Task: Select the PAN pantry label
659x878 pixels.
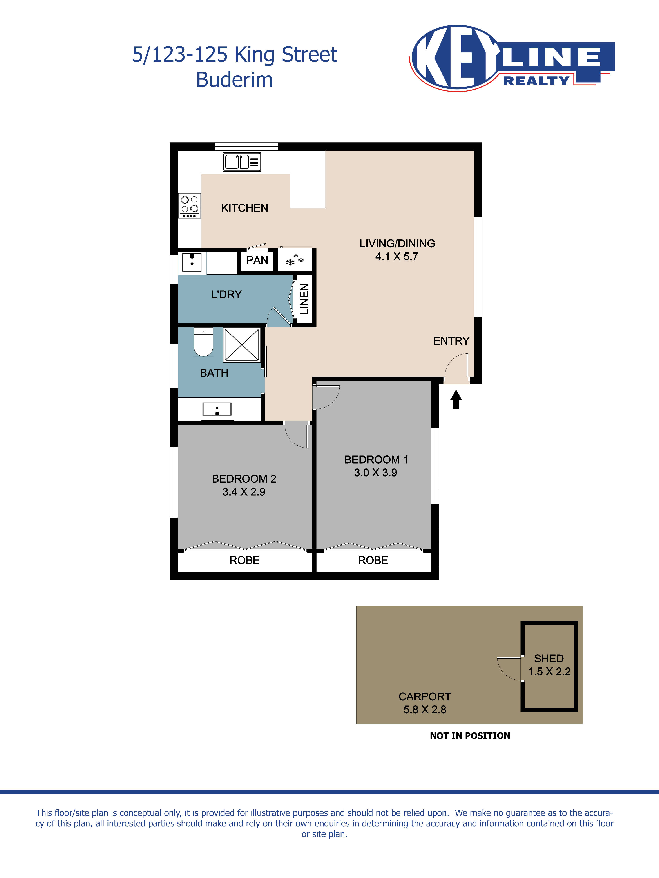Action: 257,260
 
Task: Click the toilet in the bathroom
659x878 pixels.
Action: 203,342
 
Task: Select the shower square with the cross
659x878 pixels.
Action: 241,345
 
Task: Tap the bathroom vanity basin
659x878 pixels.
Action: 217,409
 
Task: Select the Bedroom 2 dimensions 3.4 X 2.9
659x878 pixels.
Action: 244,492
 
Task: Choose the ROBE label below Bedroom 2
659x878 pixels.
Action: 244,560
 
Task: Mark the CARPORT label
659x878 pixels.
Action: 425,697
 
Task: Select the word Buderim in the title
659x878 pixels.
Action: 234,80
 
